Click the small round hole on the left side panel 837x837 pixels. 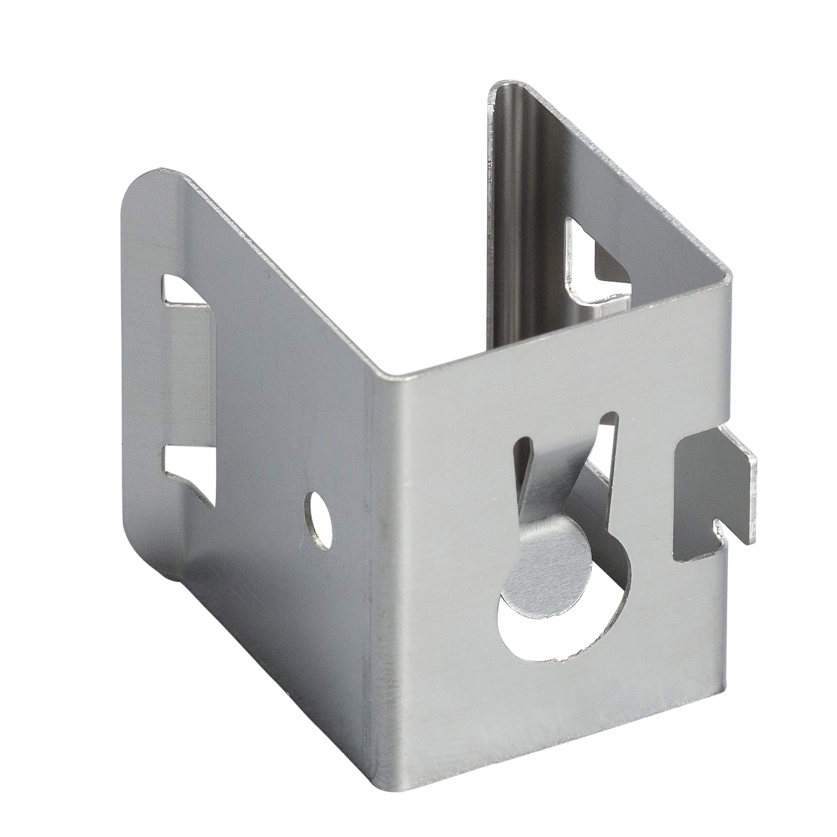click(320, 518)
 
